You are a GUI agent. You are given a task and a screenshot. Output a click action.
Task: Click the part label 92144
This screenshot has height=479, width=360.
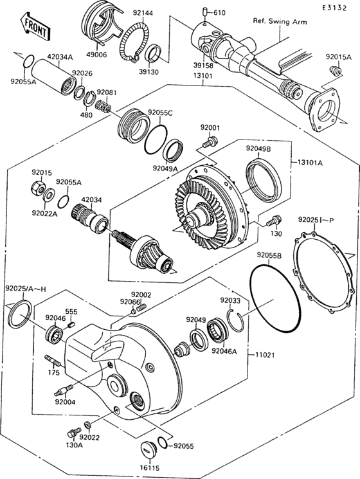coord(143,12)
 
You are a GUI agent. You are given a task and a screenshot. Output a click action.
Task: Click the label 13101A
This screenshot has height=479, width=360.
coord(310,162)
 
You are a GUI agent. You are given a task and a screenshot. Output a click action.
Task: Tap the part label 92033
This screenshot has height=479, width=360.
coord(230,300)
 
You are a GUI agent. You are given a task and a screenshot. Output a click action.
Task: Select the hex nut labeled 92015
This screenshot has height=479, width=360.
coord(37,190)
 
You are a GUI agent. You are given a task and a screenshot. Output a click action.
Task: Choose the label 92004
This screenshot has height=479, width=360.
coord(66,402)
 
